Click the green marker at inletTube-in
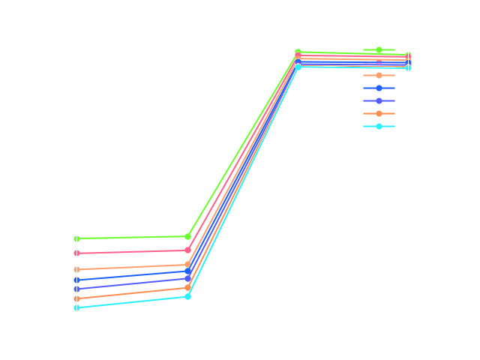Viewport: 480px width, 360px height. [x=76, y=238]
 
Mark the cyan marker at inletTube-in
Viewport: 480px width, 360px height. [x=76, y=308]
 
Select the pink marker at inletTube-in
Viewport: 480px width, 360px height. [x=76, y=253]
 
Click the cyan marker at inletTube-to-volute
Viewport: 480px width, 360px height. [x=187, y=297]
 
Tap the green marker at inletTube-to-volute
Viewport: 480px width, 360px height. [x=187, y=237]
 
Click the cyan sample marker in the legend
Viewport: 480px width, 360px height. [x=379, y=126]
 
